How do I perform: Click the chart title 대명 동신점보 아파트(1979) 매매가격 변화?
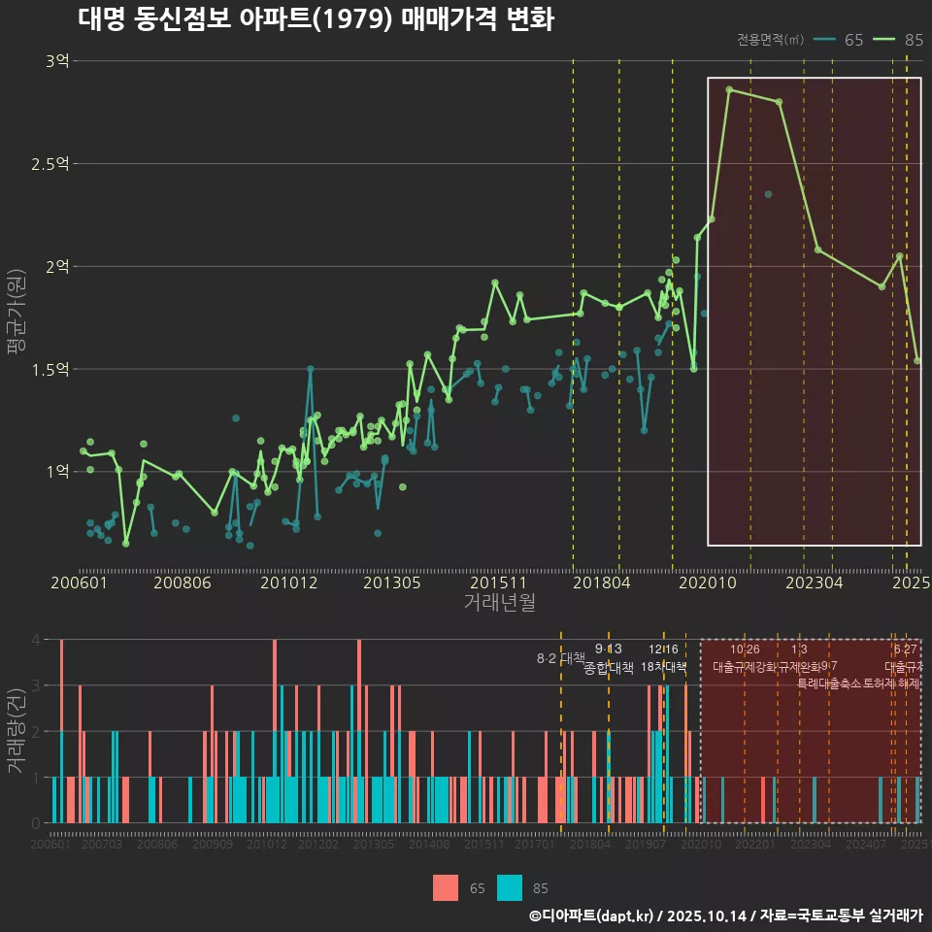coord(316,19)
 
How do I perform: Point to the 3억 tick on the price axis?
coord(56,61)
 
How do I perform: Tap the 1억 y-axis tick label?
coord(56,472)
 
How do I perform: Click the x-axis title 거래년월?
coord(499,603)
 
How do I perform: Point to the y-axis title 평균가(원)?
coord(16,316)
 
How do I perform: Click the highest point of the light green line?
coord(728,89)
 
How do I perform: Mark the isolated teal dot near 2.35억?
coord(768,194)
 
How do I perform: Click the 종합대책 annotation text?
coord(609,668)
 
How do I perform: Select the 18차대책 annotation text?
coord(663,667)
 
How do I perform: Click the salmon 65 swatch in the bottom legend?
coord(446,887)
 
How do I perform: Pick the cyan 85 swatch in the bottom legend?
coord(510,887)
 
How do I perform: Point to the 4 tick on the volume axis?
coord(35,640)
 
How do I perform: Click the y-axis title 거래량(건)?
coord(16,731)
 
